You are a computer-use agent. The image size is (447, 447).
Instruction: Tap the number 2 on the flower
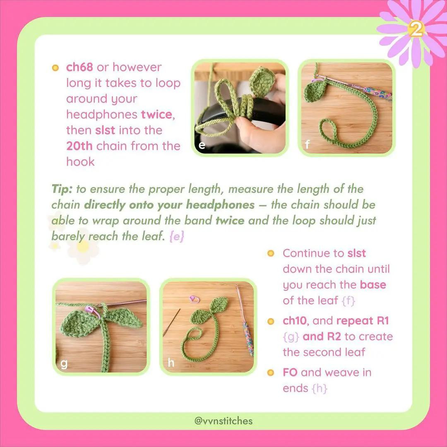417,29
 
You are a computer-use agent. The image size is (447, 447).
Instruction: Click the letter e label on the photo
202,145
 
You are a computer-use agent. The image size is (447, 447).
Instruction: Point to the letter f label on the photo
307,145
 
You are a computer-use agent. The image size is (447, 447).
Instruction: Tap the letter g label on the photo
64,363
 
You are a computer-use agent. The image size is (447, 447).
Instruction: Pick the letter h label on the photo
171,363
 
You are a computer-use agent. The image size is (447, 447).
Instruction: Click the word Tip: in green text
62,189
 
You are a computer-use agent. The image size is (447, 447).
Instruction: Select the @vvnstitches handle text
223,421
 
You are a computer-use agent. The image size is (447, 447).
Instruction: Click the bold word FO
290,372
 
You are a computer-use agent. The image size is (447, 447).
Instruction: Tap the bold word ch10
296,321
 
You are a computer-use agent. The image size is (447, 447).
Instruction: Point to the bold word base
373,285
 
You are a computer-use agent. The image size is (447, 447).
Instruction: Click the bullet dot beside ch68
55,67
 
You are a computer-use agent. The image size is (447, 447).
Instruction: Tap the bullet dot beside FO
271,372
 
